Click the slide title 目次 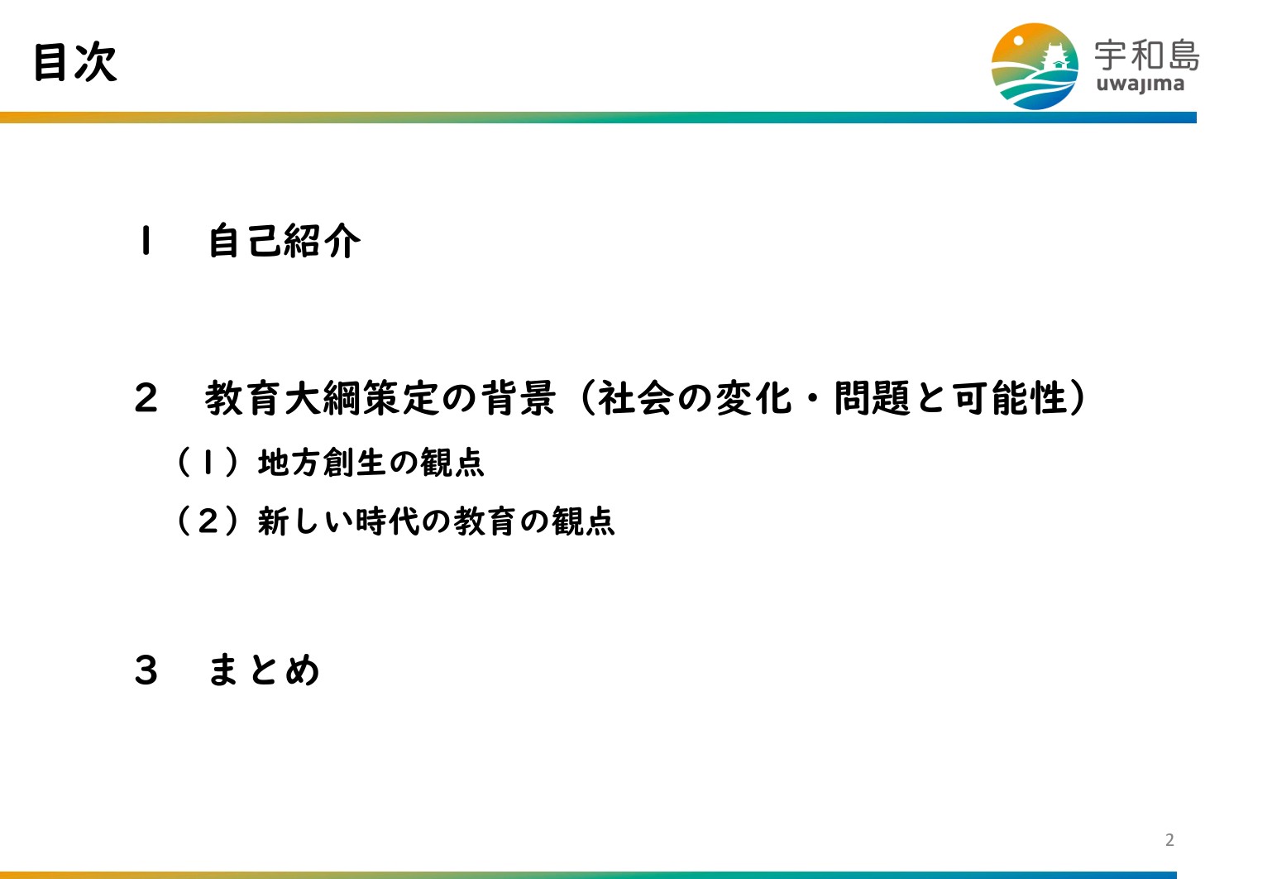(x=75, y=62)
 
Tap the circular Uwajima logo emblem (x=1035, y=66)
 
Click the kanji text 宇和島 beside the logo (x=1147, y=55)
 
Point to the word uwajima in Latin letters (x=1140, y=84)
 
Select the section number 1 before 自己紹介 (x=146, y=240)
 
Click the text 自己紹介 (x=285, y=240)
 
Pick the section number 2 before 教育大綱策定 (x=146, y=398)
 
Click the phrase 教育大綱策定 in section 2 (x=321, y=398)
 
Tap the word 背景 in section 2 (x=517, y=398)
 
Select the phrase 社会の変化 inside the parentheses (x=694, y=398)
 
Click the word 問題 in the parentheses (x=873, y=398)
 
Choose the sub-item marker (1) (x=208, y=462)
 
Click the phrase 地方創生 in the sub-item (x=322, y=462)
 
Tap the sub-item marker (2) (x=208, y=521)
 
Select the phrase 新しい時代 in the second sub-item (x=338, y=521)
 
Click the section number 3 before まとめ (x=146, y=670)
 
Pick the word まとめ (x=264, y=670)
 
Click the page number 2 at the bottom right (x=1169, y=840)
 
